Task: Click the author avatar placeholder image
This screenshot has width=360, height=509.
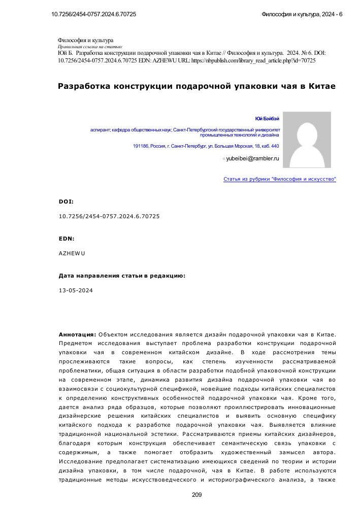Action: pyautogui.click(x=307, y=140)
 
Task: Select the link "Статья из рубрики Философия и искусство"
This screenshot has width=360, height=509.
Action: pyautogui.click(x=280, y=179)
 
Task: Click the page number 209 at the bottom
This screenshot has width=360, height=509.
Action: pyautogui.click(x=198, y=495)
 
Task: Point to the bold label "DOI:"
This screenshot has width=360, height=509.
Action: pyautogui.click(x=66, y=201)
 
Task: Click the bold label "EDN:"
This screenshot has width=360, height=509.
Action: pyautogui.click(x=66, y=238)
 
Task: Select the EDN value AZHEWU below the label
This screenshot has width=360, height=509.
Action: pyautogui.click(x=72, y=253)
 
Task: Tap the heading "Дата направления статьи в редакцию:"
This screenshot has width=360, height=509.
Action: pyautogui.click(x=122, y=276)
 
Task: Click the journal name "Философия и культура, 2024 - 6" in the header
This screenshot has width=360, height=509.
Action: pyautogui.click(x=302, y=14)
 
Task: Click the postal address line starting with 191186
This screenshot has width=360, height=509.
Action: pyautogui.click(x=206, y=146)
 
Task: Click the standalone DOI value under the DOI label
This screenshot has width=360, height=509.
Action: pyautogui.click(x=109, y=216)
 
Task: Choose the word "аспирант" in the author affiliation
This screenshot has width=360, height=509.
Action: pyautogui.click(x=100, y=130)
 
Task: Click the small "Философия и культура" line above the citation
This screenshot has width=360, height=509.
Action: pyautogui.click(x=86, y=40)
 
